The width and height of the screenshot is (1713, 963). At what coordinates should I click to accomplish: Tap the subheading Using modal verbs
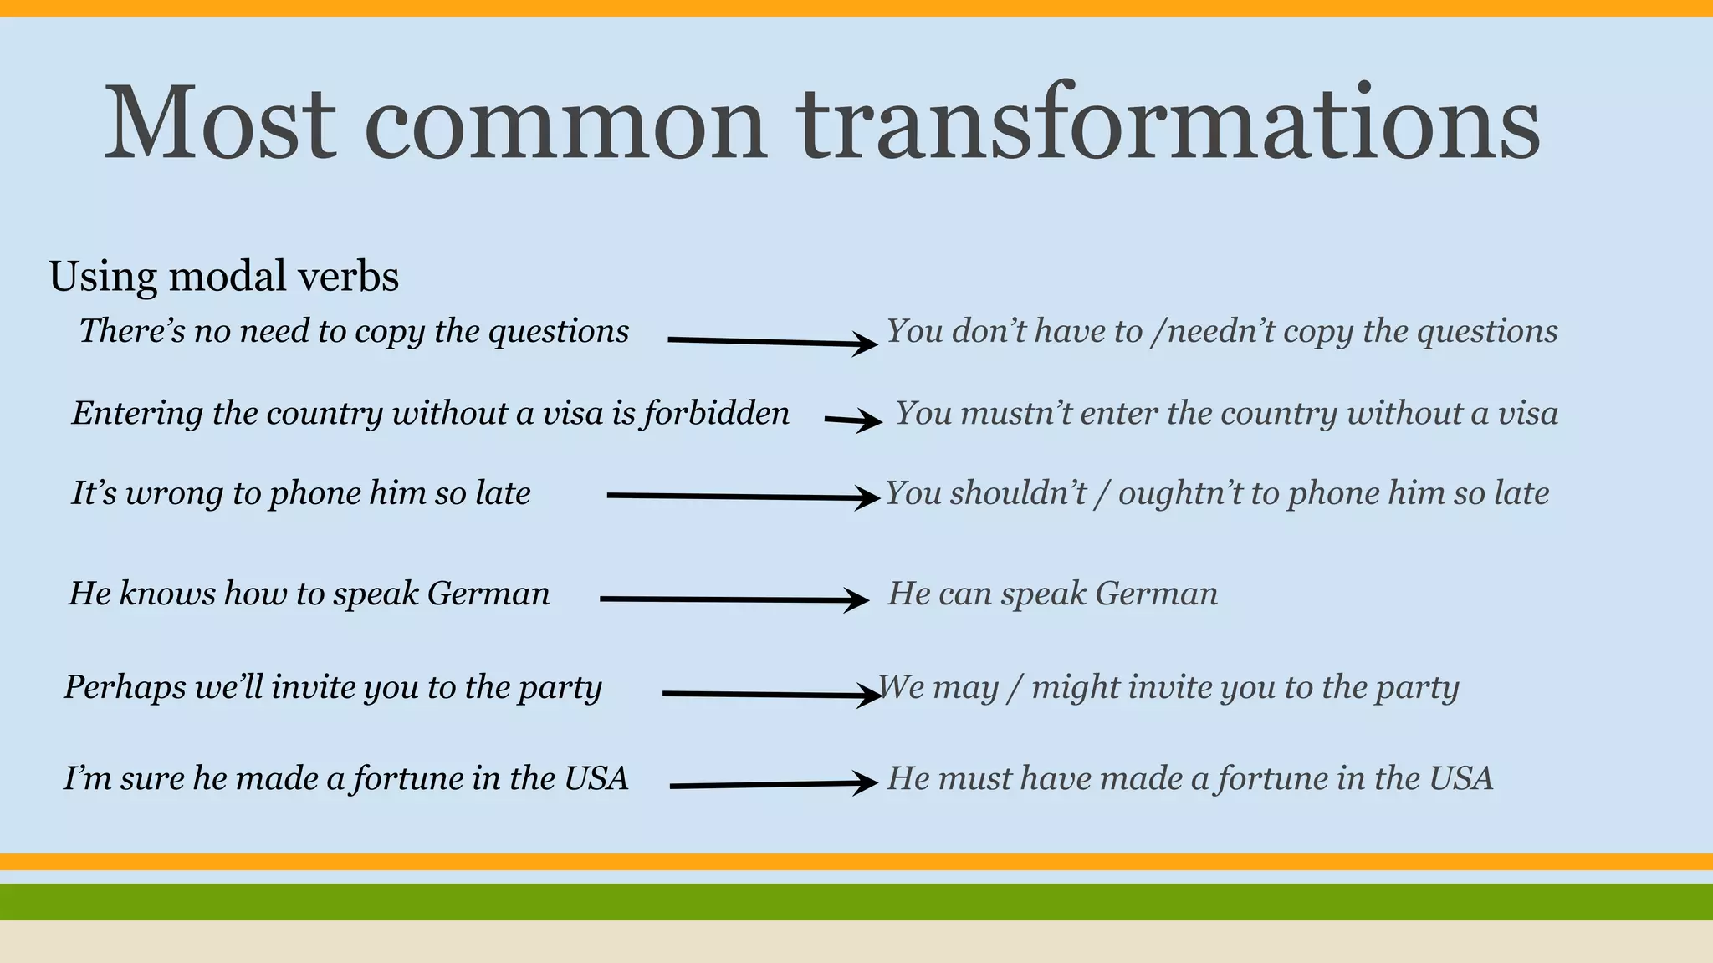[x=223, y=276]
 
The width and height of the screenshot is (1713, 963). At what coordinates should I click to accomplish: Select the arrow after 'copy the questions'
[x=771, y=341]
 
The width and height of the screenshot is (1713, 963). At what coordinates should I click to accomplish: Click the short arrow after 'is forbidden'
[x=852, y=420]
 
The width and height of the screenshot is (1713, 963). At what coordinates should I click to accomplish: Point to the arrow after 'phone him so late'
[x=743, y=497]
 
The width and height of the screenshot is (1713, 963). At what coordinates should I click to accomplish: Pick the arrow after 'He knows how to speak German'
[x=734, y=599]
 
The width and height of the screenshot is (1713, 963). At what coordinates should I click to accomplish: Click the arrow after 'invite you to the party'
[x=770, y=694]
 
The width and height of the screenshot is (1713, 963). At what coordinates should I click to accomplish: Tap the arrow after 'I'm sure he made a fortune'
[x=773, y=784]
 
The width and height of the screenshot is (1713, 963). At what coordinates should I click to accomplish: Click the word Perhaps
[x=125, y=688]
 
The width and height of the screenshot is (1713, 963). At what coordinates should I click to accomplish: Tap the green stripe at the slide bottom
[x=856, y=901]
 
